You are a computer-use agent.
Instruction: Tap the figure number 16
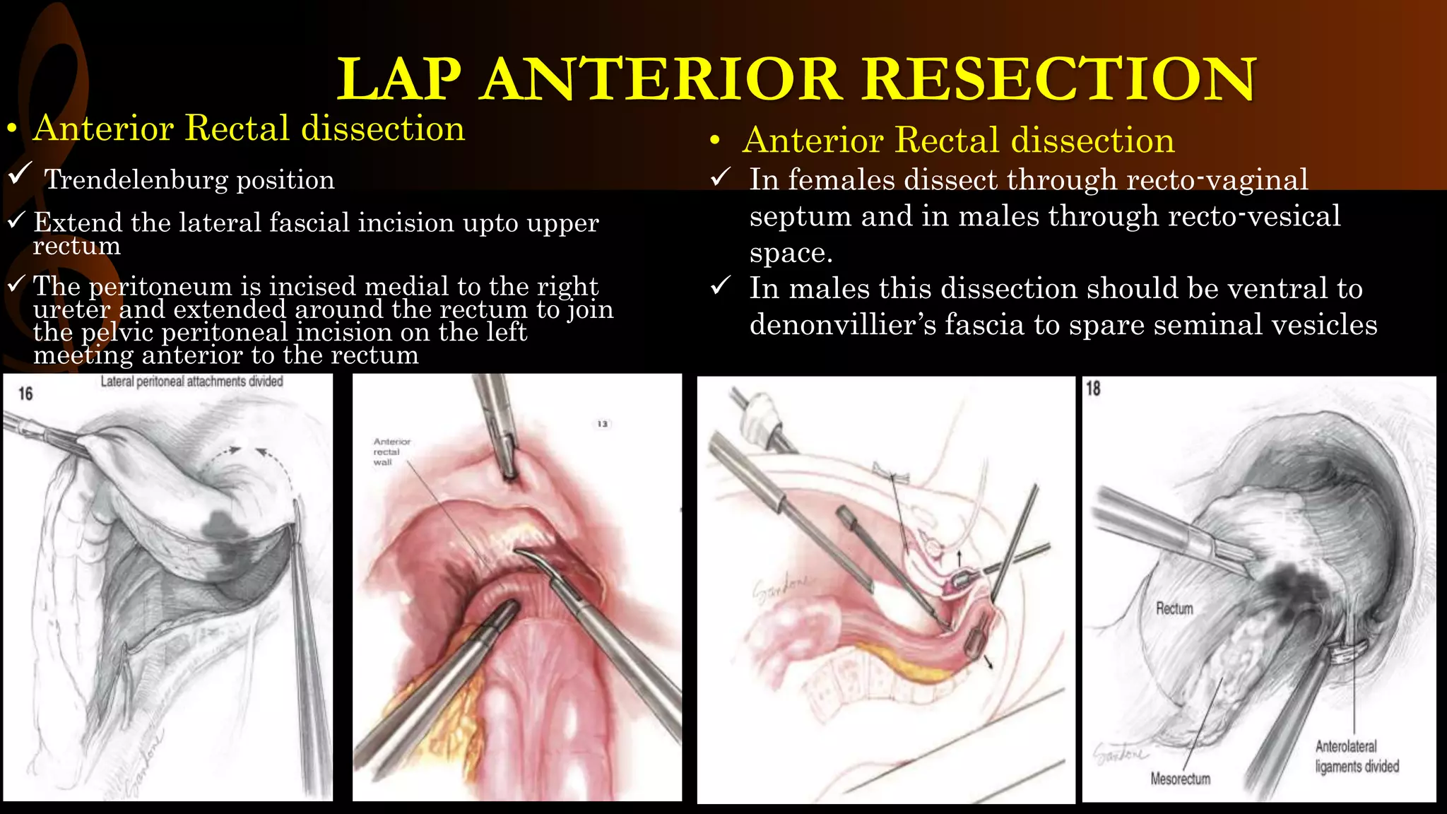25,394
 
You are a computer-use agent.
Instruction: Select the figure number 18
1093,389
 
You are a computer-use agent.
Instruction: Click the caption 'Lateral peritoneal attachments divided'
191,382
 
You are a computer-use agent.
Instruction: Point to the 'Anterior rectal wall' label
391,452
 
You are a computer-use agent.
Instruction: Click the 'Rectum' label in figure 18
1174,608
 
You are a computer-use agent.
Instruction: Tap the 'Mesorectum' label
1180,779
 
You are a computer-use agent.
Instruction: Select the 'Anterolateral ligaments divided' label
1357,756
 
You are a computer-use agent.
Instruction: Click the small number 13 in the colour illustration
602,424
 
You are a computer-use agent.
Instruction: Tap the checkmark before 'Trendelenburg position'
20,173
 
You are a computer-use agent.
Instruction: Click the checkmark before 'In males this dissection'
720,286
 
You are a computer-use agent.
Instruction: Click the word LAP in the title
399,79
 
